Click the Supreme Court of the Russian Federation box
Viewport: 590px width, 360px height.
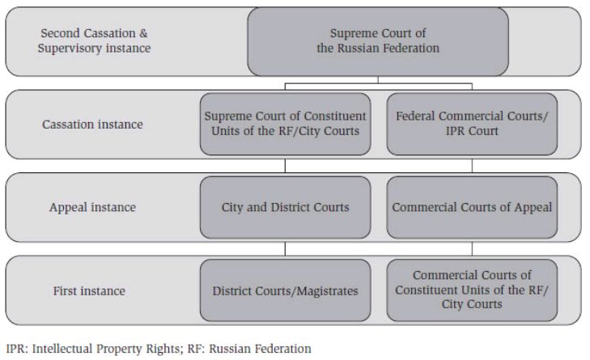378,40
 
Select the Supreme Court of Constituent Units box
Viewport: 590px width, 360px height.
286,124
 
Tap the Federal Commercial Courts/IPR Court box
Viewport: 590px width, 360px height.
472,124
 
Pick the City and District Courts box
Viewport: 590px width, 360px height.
286,207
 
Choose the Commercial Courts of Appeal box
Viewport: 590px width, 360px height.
472,207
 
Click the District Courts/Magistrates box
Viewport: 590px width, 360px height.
286,290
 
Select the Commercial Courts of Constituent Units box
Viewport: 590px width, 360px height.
472,290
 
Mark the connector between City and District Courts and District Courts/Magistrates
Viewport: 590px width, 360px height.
286,247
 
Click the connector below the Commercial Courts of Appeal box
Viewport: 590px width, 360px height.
472,247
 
